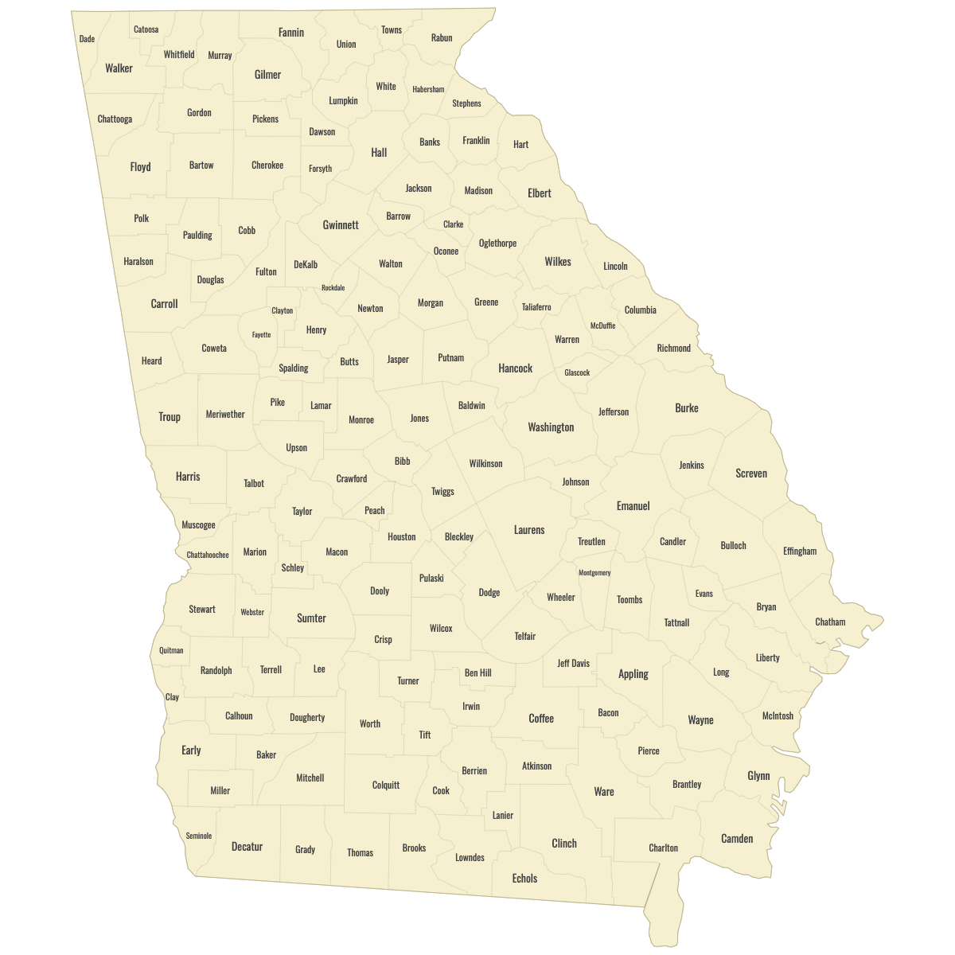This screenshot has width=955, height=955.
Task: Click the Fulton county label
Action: click(266, 272)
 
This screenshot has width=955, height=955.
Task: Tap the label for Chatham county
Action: click(830, 622)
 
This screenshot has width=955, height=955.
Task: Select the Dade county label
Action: click(87, 39)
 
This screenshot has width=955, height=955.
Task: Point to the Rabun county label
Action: click(442, 38)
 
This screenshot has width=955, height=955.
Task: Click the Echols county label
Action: click(524, 879)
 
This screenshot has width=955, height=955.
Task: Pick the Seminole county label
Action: click(199, 836)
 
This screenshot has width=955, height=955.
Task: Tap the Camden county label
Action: click(737, 839)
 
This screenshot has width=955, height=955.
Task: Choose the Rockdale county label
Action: click(333, 288)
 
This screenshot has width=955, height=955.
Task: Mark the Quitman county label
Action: click(171, 650)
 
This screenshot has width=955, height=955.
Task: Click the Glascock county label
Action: click(577, 372)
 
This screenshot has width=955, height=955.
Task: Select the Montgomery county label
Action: click(594, 573)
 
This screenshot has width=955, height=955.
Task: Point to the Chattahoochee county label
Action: click(208, 555)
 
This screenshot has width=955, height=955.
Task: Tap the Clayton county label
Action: click(283, 311)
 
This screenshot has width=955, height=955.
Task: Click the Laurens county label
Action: click(529, 530)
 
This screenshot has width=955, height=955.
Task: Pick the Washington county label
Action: click(551, 427)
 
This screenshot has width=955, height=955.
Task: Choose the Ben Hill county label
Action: click(478, 673)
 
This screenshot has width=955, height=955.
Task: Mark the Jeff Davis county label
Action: click(573, 664)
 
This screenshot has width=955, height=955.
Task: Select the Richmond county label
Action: click(674, 349)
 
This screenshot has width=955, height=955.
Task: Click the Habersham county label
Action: click(428, 90)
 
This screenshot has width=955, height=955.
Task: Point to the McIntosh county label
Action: click(778, 716)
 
